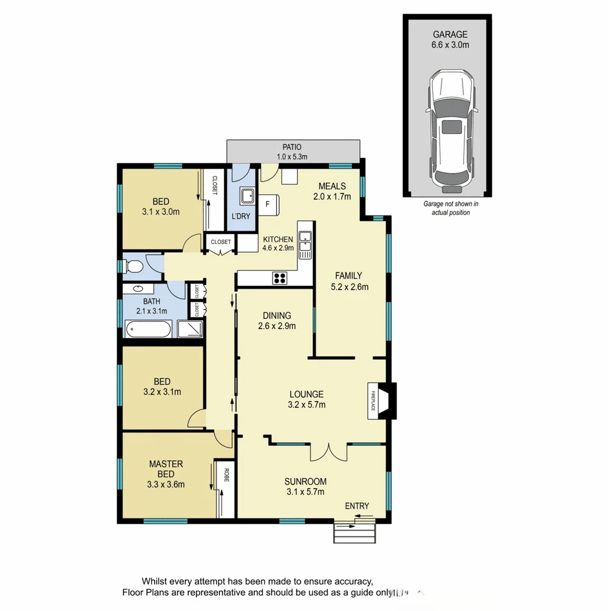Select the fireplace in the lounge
(x=380, y=401)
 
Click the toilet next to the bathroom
(x=132, y=266)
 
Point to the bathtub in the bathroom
(x=147, y=329)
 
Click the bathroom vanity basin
(x=138, y=289)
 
